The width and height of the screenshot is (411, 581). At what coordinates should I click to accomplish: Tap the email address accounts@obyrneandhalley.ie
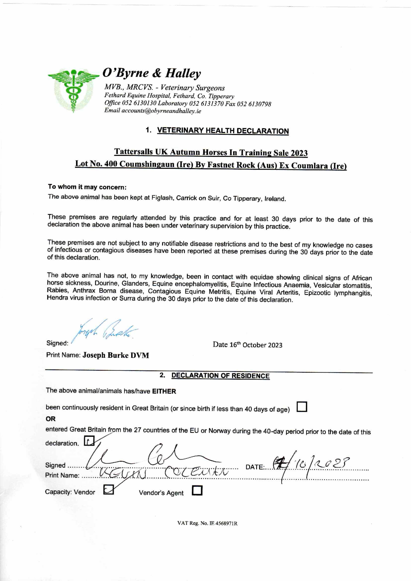(161, 111)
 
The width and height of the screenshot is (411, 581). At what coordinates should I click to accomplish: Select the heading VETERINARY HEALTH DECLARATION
(223, 131)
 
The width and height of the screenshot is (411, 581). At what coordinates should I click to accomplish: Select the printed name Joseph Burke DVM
(116, 355)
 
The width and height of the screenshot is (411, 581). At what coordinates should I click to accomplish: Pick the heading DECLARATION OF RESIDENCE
(220, 376)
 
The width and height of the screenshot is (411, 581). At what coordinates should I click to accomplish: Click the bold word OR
(51, 419)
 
